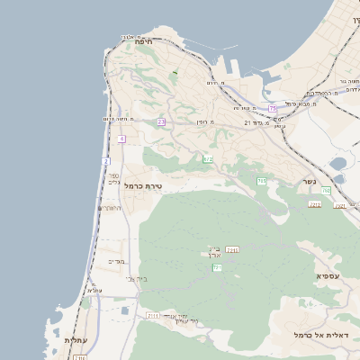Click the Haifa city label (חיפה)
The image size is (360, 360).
point(142,41)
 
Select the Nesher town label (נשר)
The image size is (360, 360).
point(309,183)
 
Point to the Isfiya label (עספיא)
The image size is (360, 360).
point(328,275)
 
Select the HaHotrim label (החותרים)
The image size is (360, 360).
point(110,208)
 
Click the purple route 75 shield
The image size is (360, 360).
point(273,108)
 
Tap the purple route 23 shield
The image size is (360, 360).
point(161,121)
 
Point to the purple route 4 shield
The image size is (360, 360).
point(121,139)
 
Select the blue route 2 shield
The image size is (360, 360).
point(105,161)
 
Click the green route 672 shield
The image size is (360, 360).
point(208,159)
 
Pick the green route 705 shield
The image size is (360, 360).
point(261,181)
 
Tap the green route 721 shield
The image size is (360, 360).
point(217,268)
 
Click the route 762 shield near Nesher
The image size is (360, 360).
point(326,191)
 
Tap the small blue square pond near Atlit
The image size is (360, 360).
point(124,310)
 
